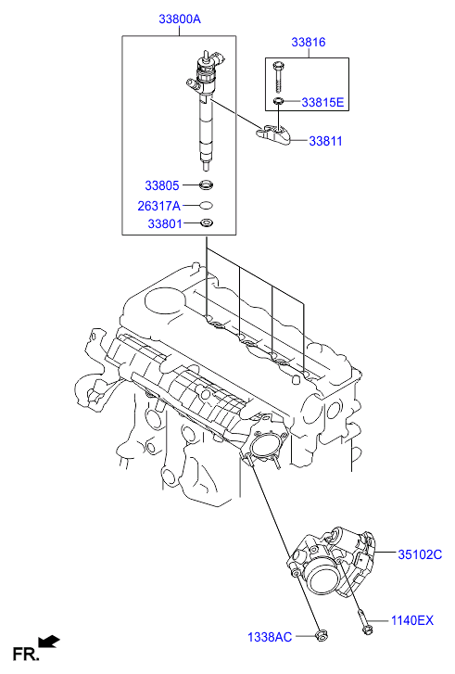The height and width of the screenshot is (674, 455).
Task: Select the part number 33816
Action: pyautogui.click(x=309, y=43)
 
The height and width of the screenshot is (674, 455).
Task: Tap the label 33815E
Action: pyautogui.click(x=322, y=102)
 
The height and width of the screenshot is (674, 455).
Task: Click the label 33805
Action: pyautogui.click(x=161, y=185)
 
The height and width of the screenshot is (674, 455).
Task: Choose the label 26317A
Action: pyautogui.click(x=158, y=205)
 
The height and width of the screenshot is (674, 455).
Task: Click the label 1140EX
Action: pyautogui.click(x=411, y=620)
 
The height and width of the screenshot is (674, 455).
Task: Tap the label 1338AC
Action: pyautogui.click(x=270, y=637)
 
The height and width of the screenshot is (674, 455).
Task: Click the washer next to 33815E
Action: pyautogui.click(x=278, y=101)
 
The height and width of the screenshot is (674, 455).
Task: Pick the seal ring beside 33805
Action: pyautogui.click(x=206, y=185)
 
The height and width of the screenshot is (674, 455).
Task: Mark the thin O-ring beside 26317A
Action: pyautogui.click(x=206, y=205)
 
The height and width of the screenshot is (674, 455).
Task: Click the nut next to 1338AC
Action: pyautogui.click(x=322, y=635)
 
